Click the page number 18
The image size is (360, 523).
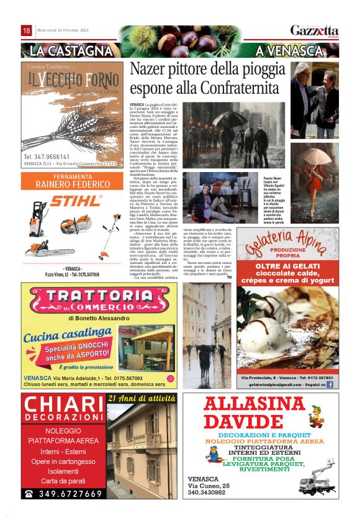pos(27,30)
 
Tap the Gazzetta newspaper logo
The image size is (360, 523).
pos(315,30)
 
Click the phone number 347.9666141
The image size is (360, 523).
pos(47,157)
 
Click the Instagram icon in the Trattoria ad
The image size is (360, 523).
pos(170,378)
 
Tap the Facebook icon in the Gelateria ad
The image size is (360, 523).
pos(329,385)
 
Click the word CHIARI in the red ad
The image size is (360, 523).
pos(61,405)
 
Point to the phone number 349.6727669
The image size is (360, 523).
pos(63,494)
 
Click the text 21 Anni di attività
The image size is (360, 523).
pos(142,398)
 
